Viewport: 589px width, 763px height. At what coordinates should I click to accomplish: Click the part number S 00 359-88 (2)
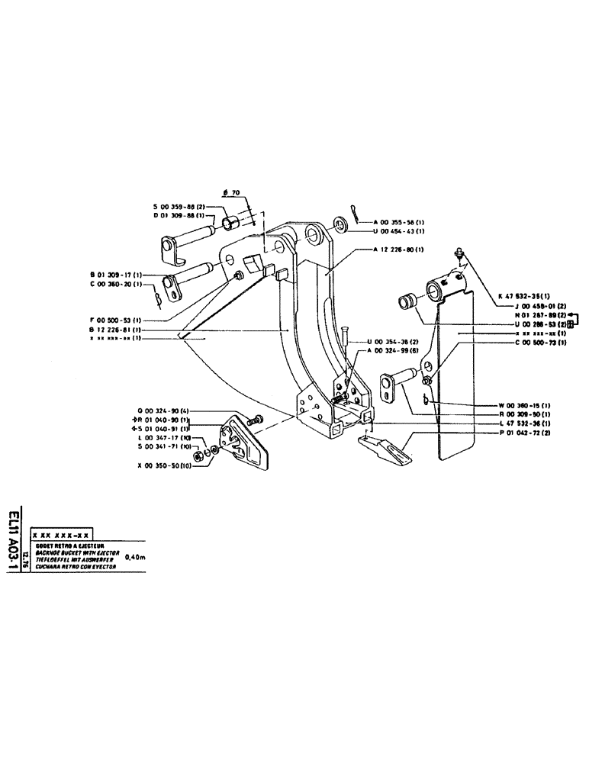[182, 207]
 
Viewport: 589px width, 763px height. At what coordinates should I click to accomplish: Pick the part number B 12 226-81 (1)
[115, 329]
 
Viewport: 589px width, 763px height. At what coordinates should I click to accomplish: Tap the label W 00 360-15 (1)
[524, 404]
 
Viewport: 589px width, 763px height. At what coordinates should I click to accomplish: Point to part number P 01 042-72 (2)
[524, 432]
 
